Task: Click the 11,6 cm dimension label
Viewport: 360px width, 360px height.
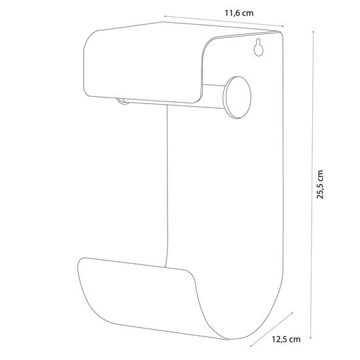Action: point(239,13)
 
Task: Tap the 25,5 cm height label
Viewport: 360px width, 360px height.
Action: point(320,185)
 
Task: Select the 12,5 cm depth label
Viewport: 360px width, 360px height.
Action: point(286,339)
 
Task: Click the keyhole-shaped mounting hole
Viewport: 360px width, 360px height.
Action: point(259,47)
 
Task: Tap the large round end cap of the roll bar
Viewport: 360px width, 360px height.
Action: point(237,98)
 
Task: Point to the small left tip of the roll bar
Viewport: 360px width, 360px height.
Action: point(122,101)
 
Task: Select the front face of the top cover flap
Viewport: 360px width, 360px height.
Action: point(142,67)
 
